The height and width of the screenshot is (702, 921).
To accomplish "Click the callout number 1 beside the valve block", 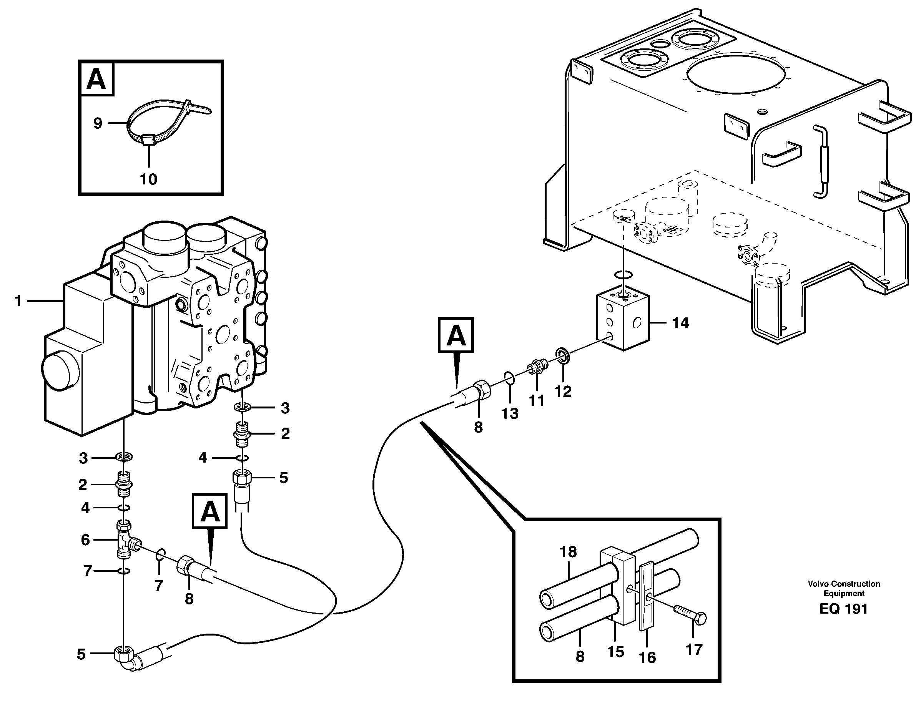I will click(18, 301).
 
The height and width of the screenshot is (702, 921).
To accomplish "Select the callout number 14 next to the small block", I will click(680, 323).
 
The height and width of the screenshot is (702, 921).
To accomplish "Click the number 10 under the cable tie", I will click(148, 179).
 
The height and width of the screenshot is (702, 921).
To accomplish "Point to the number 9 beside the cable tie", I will click(97, 123).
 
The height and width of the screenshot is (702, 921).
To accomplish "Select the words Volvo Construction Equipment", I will click(843, 588).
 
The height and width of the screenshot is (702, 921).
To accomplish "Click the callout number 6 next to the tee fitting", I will click(85, 540).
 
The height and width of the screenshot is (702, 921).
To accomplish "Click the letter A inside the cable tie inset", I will click(96, 78).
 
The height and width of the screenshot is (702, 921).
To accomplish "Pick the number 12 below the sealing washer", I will click(563, 392).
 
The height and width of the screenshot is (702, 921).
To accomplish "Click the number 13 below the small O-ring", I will click(510, 413).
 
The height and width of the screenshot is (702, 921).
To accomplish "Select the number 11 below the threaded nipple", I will click(536, 401).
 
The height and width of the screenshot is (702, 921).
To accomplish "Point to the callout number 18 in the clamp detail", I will click(568, 552).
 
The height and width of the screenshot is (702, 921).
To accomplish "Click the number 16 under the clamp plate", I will click(647, 658).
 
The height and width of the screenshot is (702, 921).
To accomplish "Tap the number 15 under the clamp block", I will click(615, 652).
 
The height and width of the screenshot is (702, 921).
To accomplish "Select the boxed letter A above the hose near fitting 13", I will click(456, 335).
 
